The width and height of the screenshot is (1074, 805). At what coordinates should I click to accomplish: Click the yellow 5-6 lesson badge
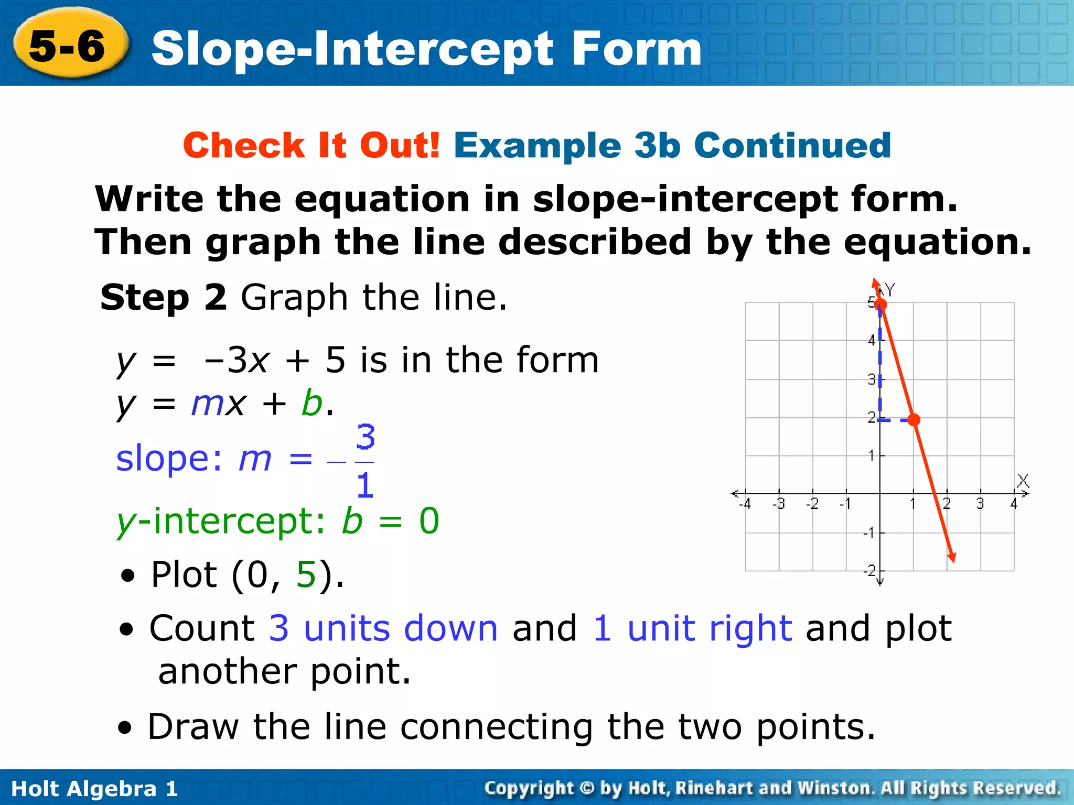coord(69,46)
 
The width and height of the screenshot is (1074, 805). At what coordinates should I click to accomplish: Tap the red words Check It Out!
coord(311,145)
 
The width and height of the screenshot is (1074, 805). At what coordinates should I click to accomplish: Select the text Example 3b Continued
coord(672,145)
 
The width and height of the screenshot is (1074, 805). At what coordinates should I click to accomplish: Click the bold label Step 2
coord(163,297)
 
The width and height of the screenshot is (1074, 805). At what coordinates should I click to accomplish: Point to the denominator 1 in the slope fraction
coord(365,485)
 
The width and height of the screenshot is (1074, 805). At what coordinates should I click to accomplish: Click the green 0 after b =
coord(429,521)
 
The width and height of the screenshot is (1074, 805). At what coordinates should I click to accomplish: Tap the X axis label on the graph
coord(1023,481)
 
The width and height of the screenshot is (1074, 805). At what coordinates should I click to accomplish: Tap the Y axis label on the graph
coord(890,289)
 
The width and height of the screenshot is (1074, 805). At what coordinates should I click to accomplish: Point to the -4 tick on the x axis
coord(745,504)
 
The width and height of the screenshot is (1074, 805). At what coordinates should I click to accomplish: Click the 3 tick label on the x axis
coord(980,504)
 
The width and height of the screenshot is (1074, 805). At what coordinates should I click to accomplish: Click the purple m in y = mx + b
coord(208,405)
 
